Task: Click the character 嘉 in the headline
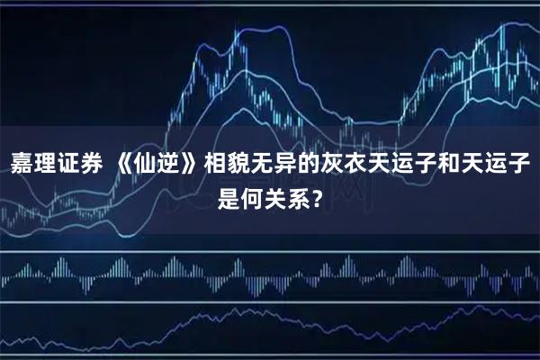[x=21, y=165]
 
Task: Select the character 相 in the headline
[x=217, y=165]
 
